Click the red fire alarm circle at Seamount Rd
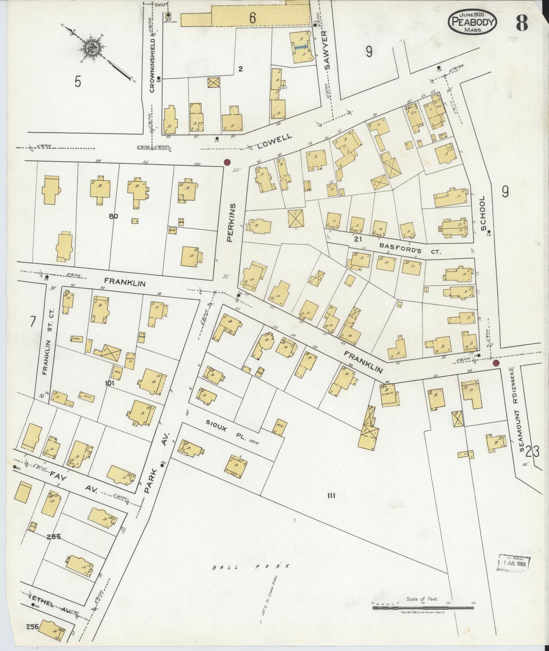(496, 363)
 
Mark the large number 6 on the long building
(252, 18)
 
